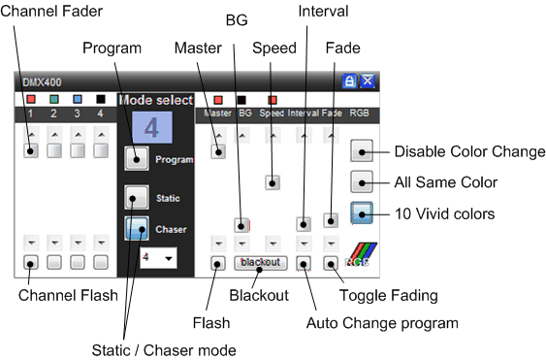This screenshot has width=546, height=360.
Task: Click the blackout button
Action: click(x=261, y=263)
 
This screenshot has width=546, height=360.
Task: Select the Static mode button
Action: click(x=137, y=197)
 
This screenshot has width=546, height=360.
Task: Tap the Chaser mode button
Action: click(x=137, y=228)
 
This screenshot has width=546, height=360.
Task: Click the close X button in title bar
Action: click(x=368, y=82)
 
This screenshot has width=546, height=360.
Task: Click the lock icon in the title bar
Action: click(x=349, y=82)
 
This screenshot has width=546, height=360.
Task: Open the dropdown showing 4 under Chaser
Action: click(x=158, y=258)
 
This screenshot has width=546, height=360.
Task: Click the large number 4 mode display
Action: click(x=152, y=127)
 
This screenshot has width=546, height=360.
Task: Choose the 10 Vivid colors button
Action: click(x=362, y=213)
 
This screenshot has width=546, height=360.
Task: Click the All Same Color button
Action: click(x=362, y=181)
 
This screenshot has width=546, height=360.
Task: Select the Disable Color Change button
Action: click(x=362, y=151)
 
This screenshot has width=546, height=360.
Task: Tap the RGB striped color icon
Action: click(x=361, y=255)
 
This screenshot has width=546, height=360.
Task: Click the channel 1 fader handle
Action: click(x=31, y=151)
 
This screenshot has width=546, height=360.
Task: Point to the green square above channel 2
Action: click(x=53, y=99)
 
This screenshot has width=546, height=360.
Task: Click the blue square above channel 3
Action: click(x=78, y=99)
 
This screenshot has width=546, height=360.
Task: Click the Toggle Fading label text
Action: click(x=389, y=296)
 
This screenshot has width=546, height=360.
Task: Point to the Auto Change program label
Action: click(x=382, y=323)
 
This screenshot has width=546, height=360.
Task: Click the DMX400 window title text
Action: click(x=42, y=82)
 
